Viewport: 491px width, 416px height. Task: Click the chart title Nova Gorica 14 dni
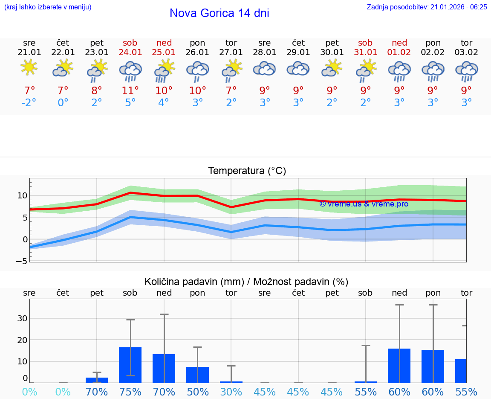click(219, 13)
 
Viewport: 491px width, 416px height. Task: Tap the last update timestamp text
click(427, 7)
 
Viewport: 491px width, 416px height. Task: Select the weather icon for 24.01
click(130, 71)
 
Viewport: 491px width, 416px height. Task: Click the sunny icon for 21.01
click(29, 67)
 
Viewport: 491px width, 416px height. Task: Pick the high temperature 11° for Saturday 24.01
click(130, 90)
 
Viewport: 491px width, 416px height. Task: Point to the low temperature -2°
click(29, 103)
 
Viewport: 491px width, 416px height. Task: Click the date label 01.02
click(399, 52)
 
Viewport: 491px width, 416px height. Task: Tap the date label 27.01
click(231, 52)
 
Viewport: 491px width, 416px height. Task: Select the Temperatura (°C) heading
click(247, 171)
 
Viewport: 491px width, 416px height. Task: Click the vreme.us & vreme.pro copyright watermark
click(364, 204)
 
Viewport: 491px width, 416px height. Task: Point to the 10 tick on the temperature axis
click(22, 195)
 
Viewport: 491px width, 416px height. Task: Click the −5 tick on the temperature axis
click(22, 261)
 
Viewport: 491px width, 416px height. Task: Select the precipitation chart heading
click(246, 282)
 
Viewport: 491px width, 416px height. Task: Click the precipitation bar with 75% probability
click(130, 365)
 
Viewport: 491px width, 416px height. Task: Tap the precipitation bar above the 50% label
click(197, 375)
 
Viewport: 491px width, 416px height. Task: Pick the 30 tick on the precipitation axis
click(22, 318)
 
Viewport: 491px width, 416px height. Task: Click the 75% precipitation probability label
click(130, 392)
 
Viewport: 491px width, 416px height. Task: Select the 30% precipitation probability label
click(231, 392)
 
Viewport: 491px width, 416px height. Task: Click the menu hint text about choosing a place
click(48, 7)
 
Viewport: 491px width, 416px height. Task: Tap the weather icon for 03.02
click(466, 71)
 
